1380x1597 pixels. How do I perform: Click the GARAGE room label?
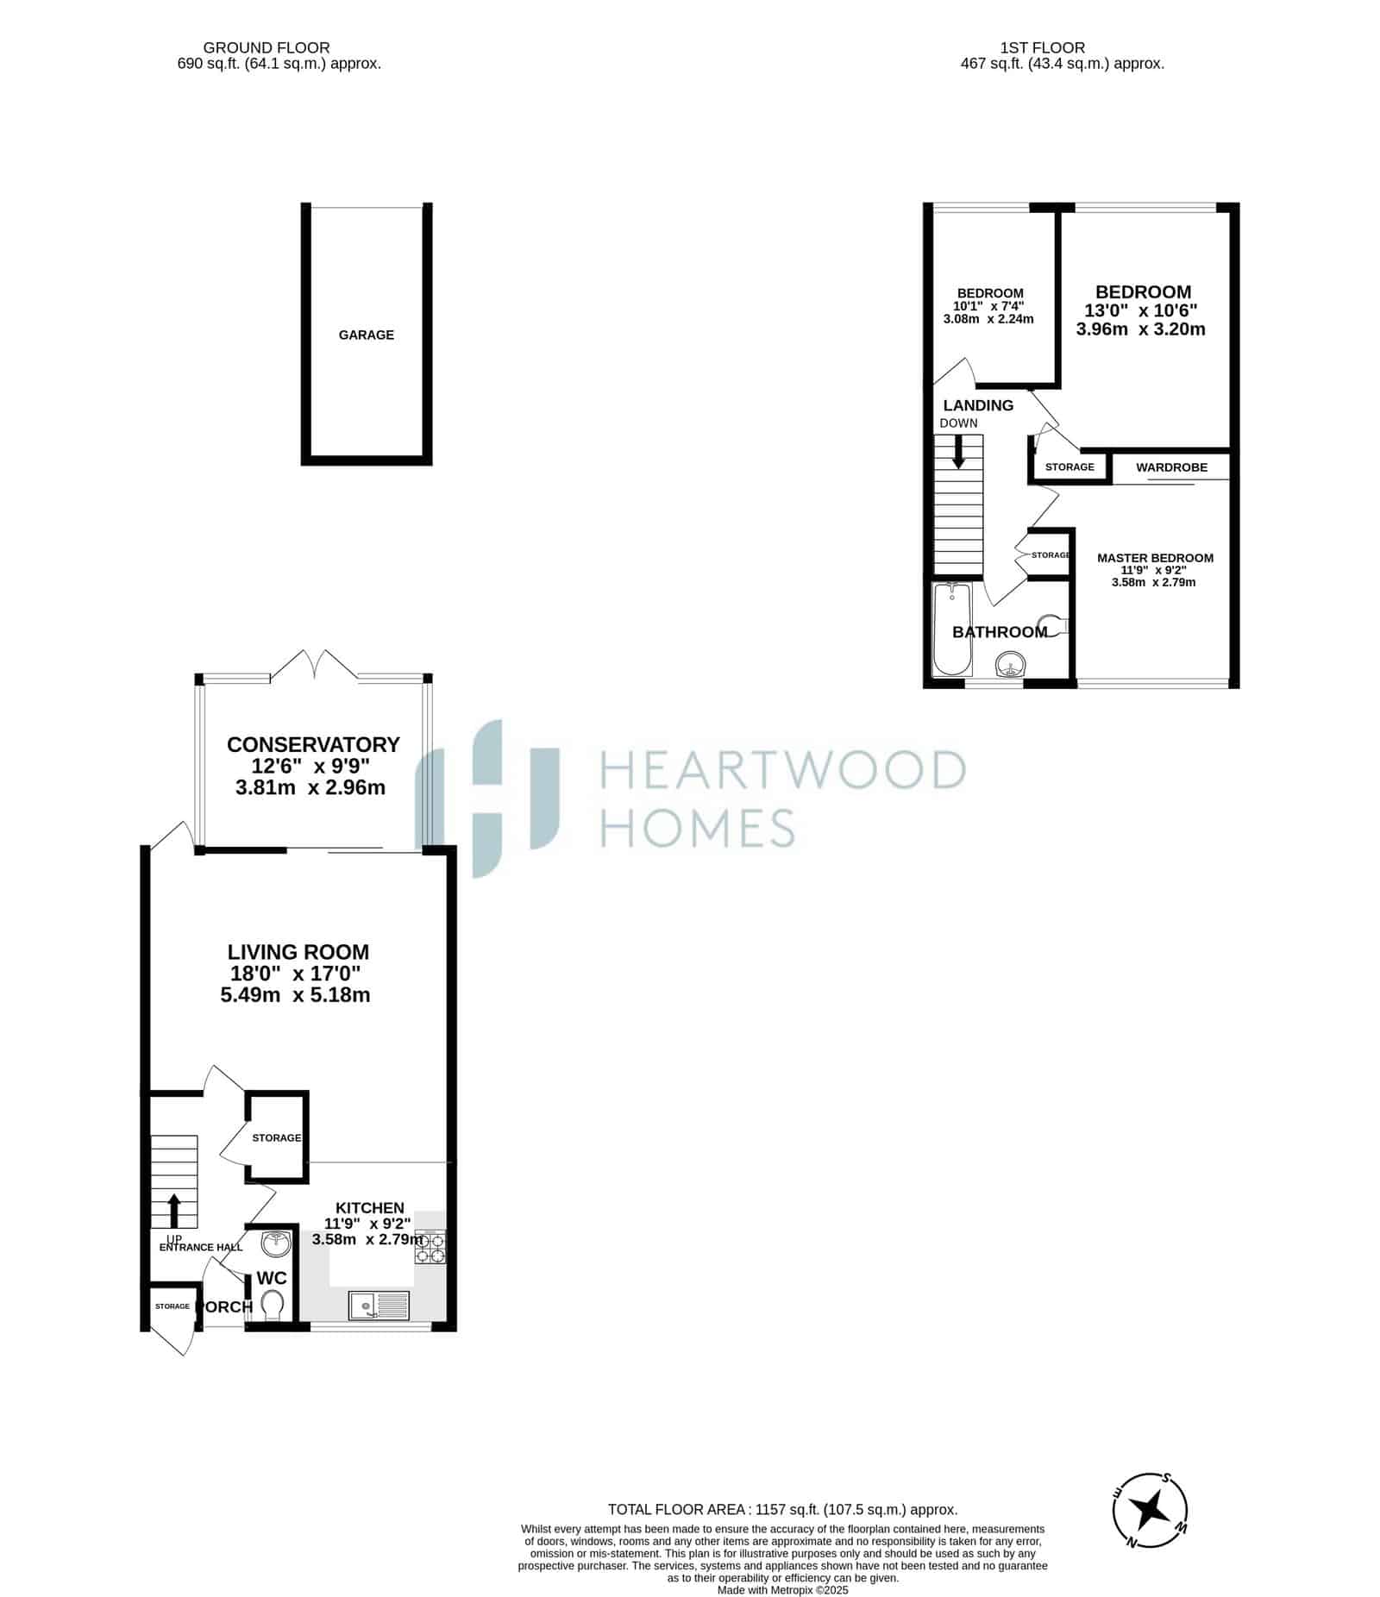coord(366,335)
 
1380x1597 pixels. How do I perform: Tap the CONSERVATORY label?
coord(313,744)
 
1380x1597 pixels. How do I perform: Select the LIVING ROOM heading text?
coord(298,952)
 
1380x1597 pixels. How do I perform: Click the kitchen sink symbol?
coord(379,1306)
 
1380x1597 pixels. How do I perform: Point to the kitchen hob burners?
coord(430,1248)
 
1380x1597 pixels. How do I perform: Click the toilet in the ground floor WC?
coord(273,1305)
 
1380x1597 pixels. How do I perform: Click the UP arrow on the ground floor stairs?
coord(173,1211)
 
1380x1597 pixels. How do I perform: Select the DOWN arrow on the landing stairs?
coord(958,452)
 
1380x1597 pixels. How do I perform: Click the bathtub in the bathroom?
coord(953,628)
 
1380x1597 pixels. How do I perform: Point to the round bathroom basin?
coord(1010,665)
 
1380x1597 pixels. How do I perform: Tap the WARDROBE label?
coord(1171,467)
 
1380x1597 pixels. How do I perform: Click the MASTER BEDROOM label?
coord(1155,558)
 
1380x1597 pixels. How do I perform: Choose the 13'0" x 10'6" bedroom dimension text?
coord(1141,310)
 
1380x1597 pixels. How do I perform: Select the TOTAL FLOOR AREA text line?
coord(782,1509)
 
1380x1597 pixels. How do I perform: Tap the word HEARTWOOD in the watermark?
coord(781,769)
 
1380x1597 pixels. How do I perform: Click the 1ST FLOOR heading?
coord(1043,47)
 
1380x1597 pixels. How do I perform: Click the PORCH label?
coord(224,1306)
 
